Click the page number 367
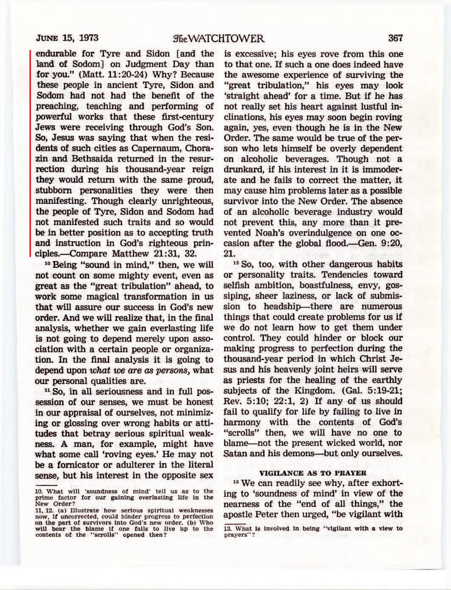(395, 38)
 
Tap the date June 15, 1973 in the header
(67, 38)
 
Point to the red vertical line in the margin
(30, 154)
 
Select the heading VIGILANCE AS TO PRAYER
(313, 473)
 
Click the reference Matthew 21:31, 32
(154, 253)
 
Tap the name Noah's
(270, 233)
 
